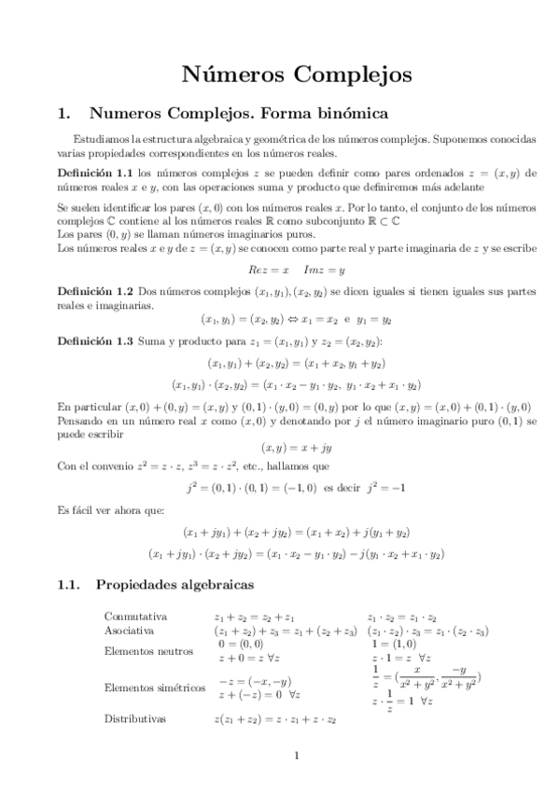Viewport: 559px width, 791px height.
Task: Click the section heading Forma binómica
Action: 312,115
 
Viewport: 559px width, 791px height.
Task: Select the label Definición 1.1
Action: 96,173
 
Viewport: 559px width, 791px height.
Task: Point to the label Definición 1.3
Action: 96,342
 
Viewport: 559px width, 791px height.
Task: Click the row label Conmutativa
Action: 136,617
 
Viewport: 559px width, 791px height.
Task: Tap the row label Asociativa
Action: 130,631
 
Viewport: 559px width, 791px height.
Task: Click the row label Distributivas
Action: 135,719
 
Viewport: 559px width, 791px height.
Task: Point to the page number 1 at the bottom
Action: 295,756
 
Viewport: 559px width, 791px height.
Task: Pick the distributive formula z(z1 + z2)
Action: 274,719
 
